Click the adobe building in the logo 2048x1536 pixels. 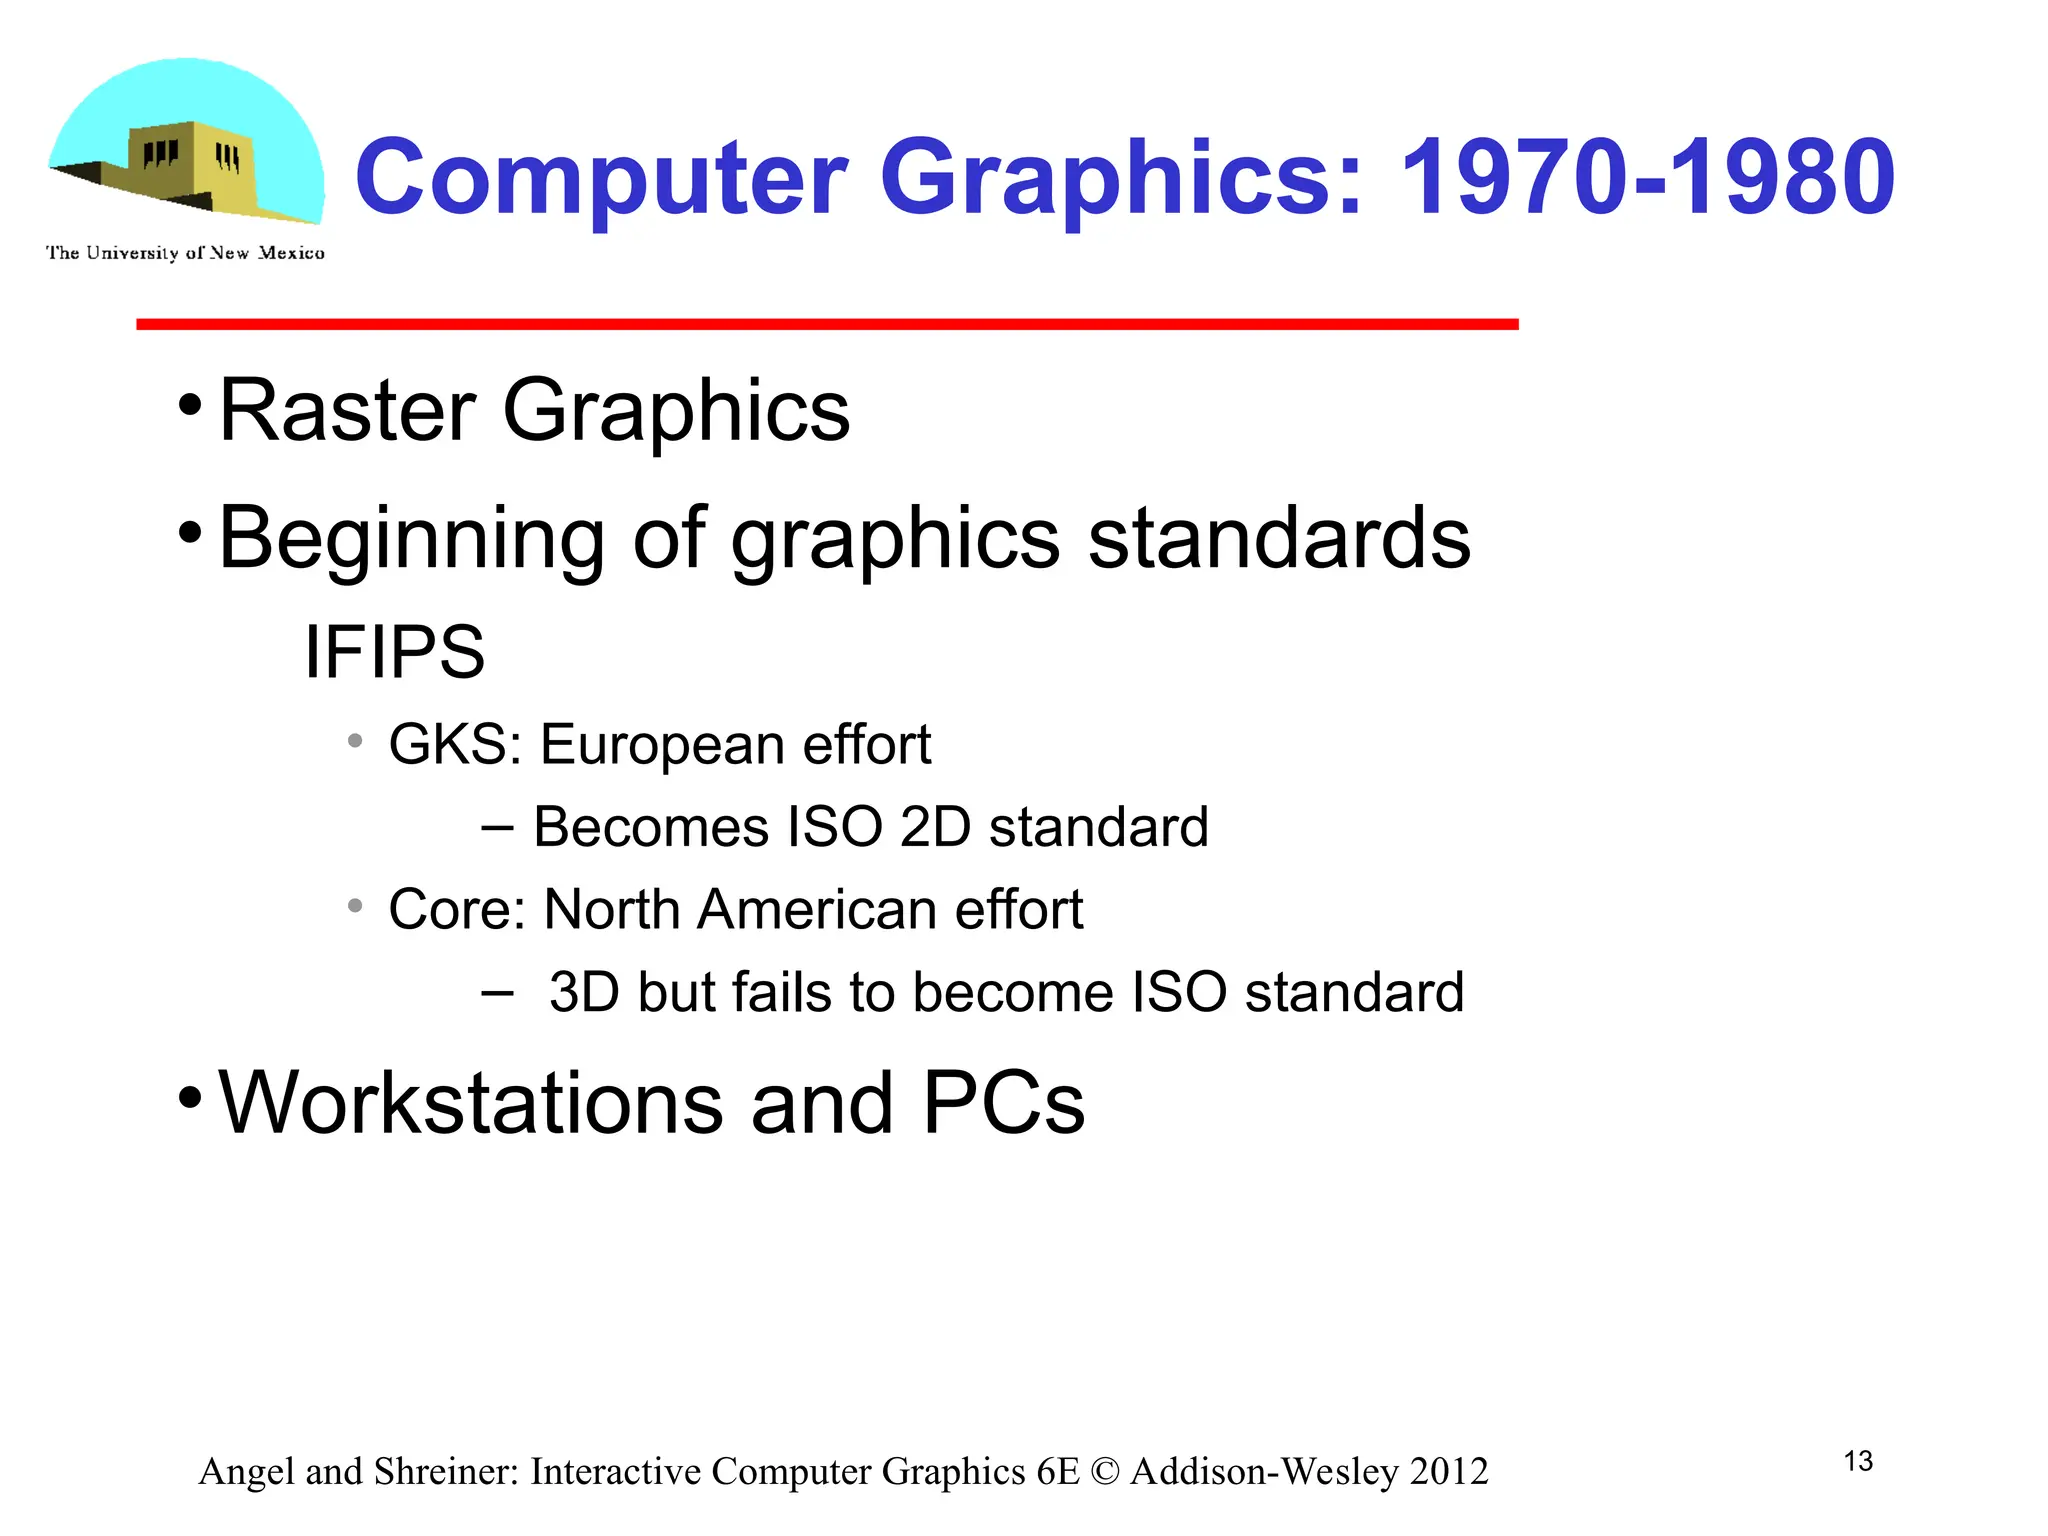point(190,165)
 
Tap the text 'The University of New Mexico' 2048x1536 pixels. point(185,253)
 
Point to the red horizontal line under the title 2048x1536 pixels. point(827,324)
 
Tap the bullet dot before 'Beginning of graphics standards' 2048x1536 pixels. point(190,533)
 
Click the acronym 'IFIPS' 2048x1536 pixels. point(394,652)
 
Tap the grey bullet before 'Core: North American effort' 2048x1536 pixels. point(355,906)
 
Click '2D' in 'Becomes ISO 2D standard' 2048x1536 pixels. point(935,828)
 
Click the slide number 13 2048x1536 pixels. point(1858,1461)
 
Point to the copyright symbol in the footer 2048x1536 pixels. point(1105,1472)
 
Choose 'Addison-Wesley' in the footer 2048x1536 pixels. point(1264,1472)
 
